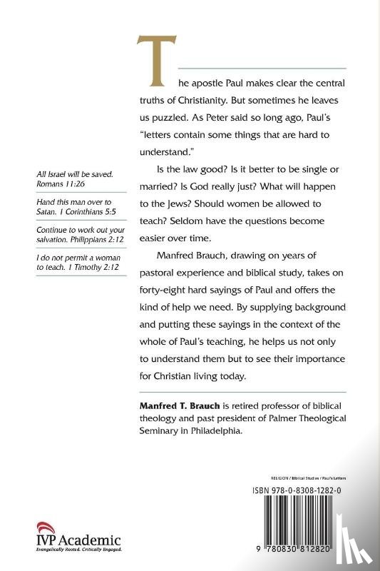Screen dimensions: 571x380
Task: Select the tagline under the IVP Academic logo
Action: [x=78, y=550]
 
